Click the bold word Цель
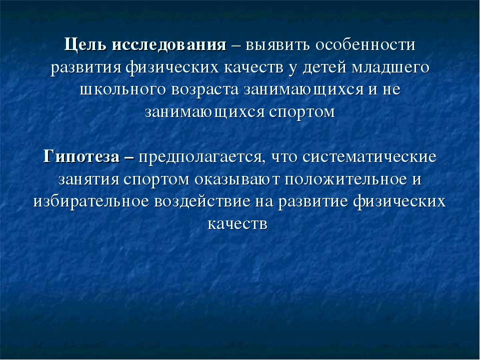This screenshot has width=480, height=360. coord(85,45)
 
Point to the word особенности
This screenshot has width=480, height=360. coord(365,45)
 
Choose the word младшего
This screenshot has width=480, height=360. coord(390,68)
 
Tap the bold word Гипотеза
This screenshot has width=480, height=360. coord(81,156)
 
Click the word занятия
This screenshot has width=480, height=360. coord(88,179)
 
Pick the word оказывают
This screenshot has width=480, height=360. coord(237,179)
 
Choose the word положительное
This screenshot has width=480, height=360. coord(345,179)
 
